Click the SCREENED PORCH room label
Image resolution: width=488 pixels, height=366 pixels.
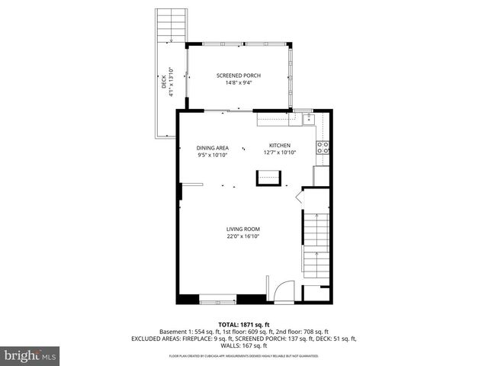coord(239,75)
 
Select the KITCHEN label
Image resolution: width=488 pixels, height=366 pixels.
coord(279,145)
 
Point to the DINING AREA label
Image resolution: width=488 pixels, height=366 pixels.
coord(213,148)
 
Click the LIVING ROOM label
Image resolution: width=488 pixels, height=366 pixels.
coord(243,229)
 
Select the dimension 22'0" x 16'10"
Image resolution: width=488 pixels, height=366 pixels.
coord(243,236)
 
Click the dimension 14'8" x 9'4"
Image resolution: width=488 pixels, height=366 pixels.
coord(239,83)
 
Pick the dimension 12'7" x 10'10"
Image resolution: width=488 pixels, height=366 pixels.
coord(279,152)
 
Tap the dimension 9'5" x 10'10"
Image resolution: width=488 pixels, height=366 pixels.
coord(213,156)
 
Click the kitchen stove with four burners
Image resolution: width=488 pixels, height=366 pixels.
coord(323,147)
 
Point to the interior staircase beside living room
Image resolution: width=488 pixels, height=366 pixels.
coord(317,236)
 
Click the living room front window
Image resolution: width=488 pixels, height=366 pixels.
coord(217,299)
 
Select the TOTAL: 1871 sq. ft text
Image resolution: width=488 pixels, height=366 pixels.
coord(243,323)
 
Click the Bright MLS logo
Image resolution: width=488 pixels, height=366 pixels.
coord(30,355)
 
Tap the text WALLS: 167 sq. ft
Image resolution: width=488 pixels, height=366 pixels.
coord(243,345)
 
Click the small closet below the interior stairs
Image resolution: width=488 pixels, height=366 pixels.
coord(317,292)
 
